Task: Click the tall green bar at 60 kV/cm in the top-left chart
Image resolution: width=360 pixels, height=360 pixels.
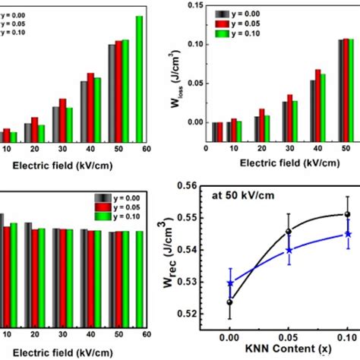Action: (x=139, y=79)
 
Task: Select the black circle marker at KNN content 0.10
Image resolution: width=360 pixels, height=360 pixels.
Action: (x=347, y=214)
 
